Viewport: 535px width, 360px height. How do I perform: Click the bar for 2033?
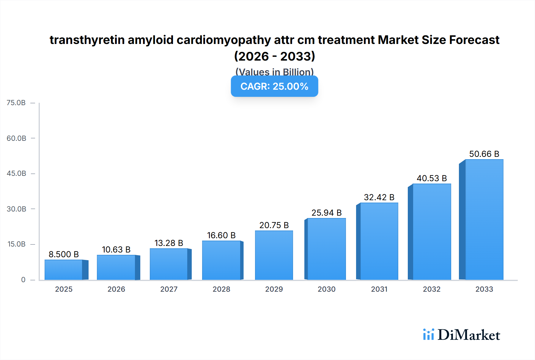coord(484,220)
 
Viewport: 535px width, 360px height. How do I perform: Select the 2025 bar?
coord(64,270)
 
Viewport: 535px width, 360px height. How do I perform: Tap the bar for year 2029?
coord(274,255)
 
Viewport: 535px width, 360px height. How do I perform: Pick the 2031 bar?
coord(379,241)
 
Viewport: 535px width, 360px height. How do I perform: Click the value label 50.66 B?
coord(484,154)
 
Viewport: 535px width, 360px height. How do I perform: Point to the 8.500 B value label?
coord(64,254)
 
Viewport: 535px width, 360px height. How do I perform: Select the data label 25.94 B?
coord(326,213)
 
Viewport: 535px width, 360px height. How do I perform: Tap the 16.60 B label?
coord(221,235)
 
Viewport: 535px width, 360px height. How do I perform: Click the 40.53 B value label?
coord(432,178)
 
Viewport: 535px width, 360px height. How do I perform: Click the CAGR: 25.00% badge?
coord(274,86)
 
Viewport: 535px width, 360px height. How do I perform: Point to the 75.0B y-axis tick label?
coord(16,103)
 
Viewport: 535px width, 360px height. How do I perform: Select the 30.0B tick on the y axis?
coord(16,209)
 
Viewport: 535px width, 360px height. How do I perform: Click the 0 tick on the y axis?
coord(23,280)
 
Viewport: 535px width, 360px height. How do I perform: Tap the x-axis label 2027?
coord(169,289)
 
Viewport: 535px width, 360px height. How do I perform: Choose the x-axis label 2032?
coord(432,289)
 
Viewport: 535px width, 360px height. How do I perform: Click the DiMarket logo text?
coord(468,335)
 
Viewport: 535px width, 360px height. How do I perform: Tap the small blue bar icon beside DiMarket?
coord(428,334)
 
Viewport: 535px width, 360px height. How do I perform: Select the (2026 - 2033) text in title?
coord(274,56)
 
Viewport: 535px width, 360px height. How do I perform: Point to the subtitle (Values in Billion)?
coord(274,72)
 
